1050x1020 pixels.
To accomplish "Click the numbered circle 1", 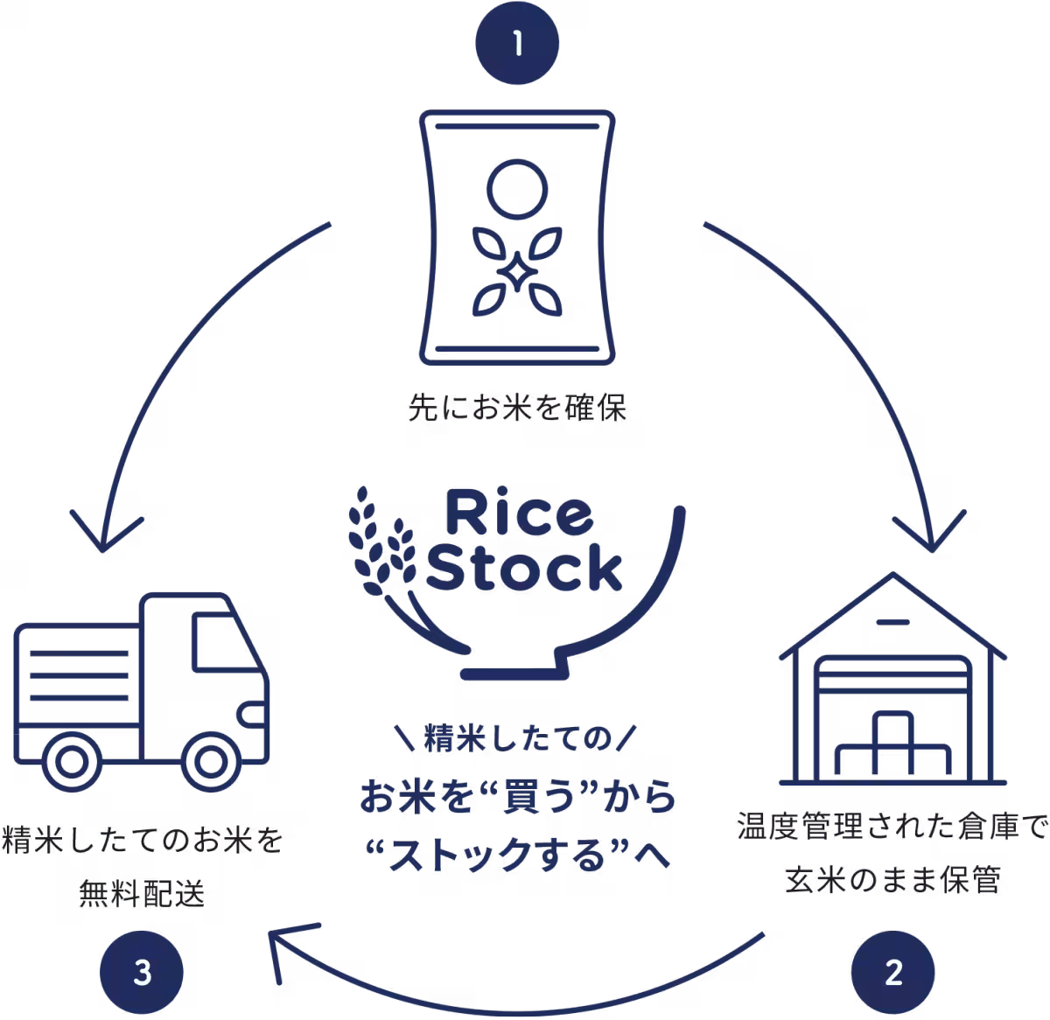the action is coord(517,43).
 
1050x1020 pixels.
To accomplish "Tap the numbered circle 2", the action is coord(892,972).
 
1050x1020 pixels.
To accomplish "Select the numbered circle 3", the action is coord(142,972).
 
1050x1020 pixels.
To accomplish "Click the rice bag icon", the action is coord(517,237).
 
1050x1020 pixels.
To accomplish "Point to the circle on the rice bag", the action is coord(517,189).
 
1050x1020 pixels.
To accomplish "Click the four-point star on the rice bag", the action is coord(517,271).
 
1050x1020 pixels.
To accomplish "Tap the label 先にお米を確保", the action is coord(517,408).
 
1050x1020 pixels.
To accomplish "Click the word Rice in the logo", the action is coord(519,512).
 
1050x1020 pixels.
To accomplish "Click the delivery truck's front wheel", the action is coord(210,762).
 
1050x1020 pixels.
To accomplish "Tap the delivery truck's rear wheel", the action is coord(72,762).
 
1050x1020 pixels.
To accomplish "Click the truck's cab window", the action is coord(224,642).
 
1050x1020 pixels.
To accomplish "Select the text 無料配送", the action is coord(142,894).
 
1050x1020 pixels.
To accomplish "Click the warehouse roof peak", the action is coord(892,575).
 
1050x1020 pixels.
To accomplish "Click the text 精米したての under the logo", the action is coord(517,738).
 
